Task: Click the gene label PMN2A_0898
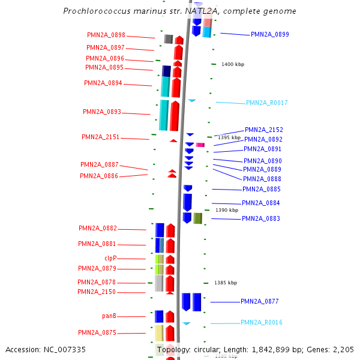pos(106,35)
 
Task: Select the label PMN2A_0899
pos(269,35)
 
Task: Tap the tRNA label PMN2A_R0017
pos(266,103)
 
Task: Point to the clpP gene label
pos(110,258)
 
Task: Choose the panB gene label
pos(109,316)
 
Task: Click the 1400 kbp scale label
pos(233,64)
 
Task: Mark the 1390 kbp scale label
pos(227,211)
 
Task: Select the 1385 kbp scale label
pos(226,283)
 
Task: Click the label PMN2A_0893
pos(102,112)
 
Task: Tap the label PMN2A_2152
pos(263,130)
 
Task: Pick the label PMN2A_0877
pos(260,301)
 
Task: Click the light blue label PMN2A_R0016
pos(261,323)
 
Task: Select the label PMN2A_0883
pos(260,218)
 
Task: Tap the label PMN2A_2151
pos(100,137)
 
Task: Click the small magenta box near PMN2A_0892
pos(200,145)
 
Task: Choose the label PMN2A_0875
pos(97,332)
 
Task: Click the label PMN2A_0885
pos(261,189)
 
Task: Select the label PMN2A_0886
pos(99,176)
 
